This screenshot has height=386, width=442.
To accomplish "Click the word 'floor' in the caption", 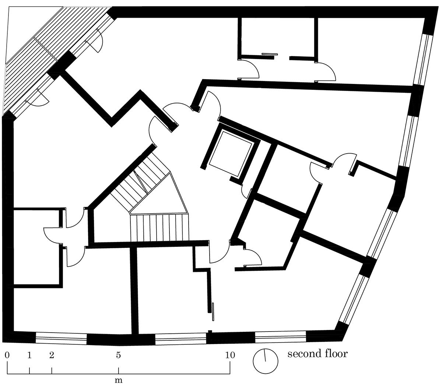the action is click(x=337, y=353).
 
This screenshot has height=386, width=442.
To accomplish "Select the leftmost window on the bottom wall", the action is click(x=61, y=320).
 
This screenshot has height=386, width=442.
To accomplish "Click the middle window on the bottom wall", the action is click(x=180, y=320).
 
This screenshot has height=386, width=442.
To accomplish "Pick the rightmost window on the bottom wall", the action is click(x=281, y=319).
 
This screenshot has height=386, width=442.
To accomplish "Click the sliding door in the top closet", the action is click(x=269, y=54).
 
